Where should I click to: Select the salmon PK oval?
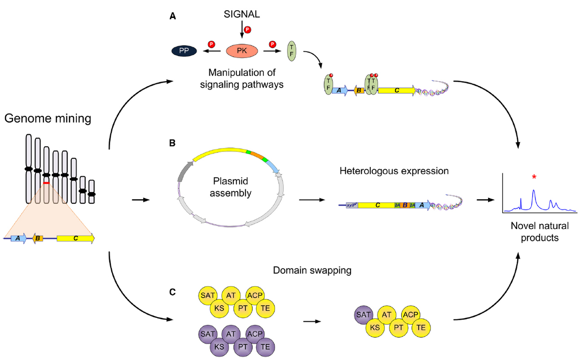[x=242, y=50]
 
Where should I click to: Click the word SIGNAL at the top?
[x=242, y=15]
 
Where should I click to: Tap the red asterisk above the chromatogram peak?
[x=534, y=178]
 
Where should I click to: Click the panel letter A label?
[x=172, y=16]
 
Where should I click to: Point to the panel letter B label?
[x=172, y=144]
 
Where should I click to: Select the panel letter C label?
[x=172, y=292]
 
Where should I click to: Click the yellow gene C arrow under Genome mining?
[x=76, y=238]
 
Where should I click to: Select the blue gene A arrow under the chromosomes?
[x=19, y=238]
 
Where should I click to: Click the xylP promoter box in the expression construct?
[x=351, y=205]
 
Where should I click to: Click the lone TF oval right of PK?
[x=291, y=50]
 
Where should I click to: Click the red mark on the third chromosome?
[x=46, y=183]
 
